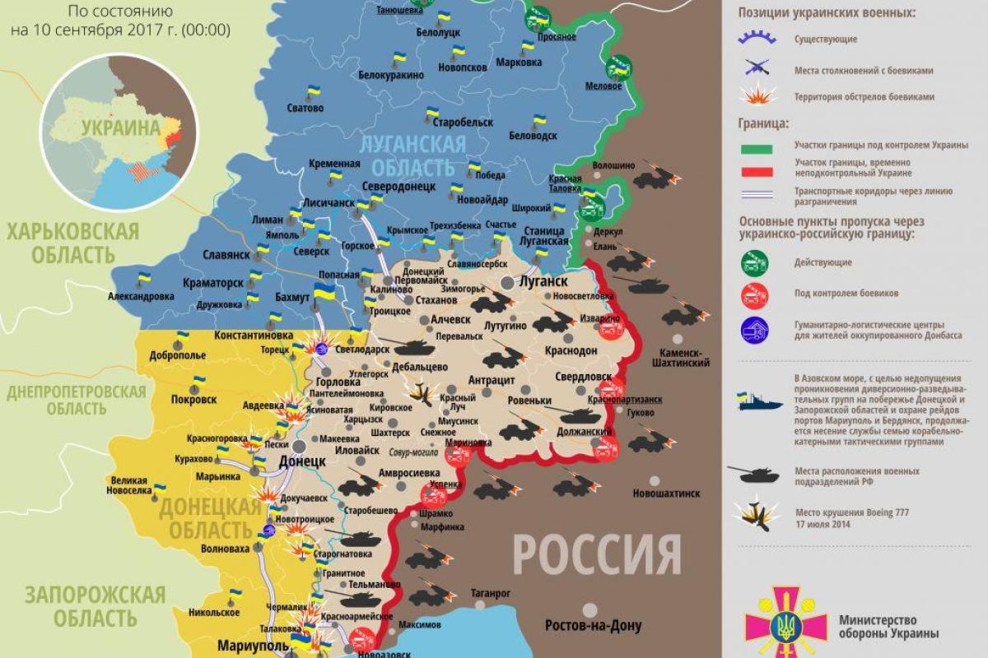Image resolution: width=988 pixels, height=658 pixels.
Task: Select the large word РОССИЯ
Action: pyautogui.click(x=597, y=555)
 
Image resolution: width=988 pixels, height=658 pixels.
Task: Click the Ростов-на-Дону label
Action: pyautogui.click(x=593, y=625)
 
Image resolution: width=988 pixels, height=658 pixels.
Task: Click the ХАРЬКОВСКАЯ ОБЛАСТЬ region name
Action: pyautogui.click(x=72, y=243)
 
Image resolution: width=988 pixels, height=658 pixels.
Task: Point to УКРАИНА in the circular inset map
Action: pyautogui.click(x=119, y=128)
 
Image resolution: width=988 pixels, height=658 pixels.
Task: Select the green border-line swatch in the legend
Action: pyautogui.click(x=757, y=148)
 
